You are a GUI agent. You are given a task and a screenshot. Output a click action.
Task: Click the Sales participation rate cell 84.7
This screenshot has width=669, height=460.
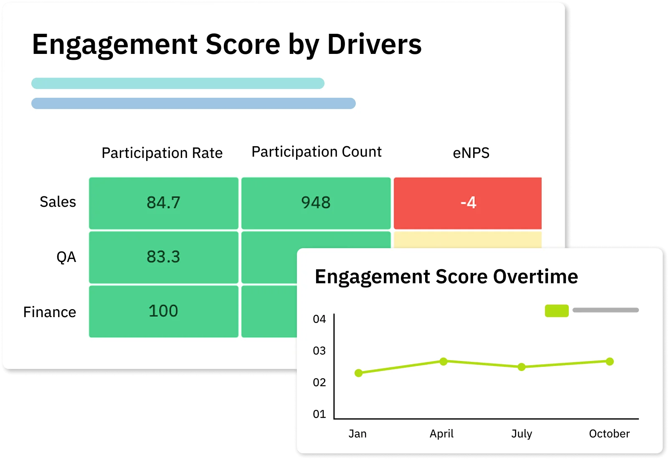(163, 203)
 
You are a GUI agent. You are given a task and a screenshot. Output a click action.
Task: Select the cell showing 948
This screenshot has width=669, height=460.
(316, 203)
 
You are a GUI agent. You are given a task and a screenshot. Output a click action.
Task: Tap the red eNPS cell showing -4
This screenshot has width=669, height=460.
(468, 203)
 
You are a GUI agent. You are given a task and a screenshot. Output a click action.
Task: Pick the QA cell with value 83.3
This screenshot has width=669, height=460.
(163, 257)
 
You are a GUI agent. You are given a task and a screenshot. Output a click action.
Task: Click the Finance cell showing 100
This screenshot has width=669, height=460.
(163, 311)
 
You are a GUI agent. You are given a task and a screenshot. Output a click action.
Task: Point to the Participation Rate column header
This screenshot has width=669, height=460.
(162, 153)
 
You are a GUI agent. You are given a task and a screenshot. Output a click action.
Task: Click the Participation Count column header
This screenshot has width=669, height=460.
(317, 152)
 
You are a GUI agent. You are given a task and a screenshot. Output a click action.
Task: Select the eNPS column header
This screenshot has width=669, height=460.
(471, 153)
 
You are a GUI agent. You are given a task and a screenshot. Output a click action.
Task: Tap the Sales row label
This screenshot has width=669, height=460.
(58, 202)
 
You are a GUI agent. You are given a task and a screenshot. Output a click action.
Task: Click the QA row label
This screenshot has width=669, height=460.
(66, 257)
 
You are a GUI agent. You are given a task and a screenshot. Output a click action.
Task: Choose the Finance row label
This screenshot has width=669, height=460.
(50, 312)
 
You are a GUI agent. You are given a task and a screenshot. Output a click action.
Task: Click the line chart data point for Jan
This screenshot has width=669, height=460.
(359, 373)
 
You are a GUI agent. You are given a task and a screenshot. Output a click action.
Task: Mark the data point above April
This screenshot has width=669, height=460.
(443, 361)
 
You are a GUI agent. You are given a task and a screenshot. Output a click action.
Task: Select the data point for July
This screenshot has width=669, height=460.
(522, 367)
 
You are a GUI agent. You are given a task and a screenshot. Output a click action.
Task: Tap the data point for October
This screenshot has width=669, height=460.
(610, 361)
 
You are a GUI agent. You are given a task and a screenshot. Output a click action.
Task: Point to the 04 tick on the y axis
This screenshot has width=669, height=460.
(319, 319)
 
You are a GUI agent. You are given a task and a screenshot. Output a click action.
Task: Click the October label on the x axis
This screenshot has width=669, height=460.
(609, 434)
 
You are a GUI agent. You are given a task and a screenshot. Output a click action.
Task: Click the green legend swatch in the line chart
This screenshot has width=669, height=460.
(557, 310)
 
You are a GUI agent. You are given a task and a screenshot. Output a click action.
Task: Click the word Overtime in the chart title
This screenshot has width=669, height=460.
(535, 277)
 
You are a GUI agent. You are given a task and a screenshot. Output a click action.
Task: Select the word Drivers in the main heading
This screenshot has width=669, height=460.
(374, 44)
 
